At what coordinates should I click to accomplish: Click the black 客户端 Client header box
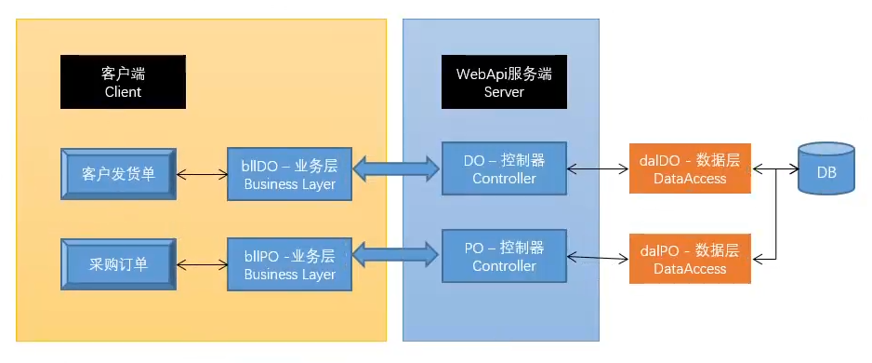click(123, 82)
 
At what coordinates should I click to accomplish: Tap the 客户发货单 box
click(118, 173)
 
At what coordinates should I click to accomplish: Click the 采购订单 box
click(118, 264)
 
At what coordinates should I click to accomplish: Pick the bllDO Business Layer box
click(290, 173)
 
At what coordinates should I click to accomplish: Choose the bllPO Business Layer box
click(290, 264)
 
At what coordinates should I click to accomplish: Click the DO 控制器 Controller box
click(504, 168)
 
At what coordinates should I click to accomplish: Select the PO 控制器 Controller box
click(504, 256)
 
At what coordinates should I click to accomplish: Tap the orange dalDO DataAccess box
click(689, 168)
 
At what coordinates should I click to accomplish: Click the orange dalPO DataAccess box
click(689, 260)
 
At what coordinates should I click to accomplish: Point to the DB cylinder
click(826, 171)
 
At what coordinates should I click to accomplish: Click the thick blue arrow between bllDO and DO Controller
click(396, 168)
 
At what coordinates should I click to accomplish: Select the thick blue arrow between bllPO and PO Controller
click(396, 251)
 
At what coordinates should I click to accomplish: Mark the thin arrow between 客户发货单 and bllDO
click(202, 173)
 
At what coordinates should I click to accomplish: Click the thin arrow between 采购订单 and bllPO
click(202, 264)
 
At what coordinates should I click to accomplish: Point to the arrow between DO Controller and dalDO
click(598, 168)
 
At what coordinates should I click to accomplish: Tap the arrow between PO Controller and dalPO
click(598, 257)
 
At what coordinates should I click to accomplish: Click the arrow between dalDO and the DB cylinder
click(773, 169)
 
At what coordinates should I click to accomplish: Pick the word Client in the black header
click(123, 92)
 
